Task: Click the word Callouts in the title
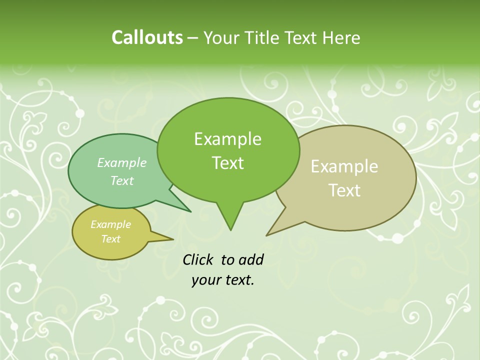[147, 37]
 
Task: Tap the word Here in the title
[341, 37]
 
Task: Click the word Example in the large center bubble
[227, 139]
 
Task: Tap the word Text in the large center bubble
[228, 163]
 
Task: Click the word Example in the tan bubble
[344, 166]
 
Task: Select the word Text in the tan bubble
[345, 190]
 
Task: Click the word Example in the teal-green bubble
[122, 162]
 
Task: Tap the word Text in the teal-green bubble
[122, 180]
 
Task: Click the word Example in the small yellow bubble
[110, 224]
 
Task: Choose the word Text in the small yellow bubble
[111, 239]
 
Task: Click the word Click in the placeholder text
[198, 259]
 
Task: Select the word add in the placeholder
[251, 259]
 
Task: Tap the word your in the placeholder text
[205, 280]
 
